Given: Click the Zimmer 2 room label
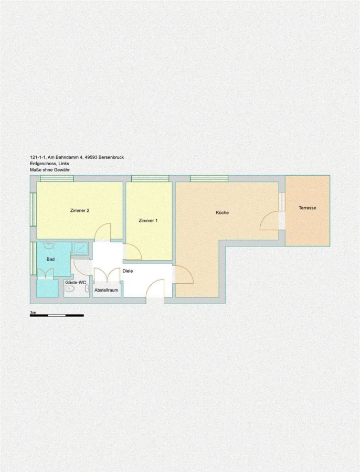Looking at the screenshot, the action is point(80,210).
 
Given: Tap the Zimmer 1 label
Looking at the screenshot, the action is point(148,221).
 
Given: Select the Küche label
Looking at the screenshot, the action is point(223,212).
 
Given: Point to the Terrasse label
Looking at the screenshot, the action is point(308,208).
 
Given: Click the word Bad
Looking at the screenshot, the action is point(50,259).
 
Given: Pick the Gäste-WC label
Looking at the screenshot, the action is point(76,283).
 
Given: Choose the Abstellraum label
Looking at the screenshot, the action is point(107,290).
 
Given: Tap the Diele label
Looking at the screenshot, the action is point(128,271).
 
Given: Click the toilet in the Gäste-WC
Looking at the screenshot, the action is point(70,289).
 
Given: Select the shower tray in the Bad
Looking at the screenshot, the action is point(80,249).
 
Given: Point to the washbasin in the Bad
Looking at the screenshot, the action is point(48,245).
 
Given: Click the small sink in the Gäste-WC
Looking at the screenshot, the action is point(87,289).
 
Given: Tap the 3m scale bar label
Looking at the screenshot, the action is point(33,313).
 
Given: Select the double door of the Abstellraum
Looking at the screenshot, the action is point(107,274).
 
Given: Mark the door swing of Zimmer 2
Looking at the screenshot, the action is point(102,231).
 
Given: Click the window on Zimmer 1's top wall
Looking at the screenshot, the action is point(150,178).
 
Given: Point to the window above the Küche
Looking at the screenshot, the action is point(209,178).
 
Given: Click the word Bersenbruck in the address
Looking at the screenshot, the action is point(113,157).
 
